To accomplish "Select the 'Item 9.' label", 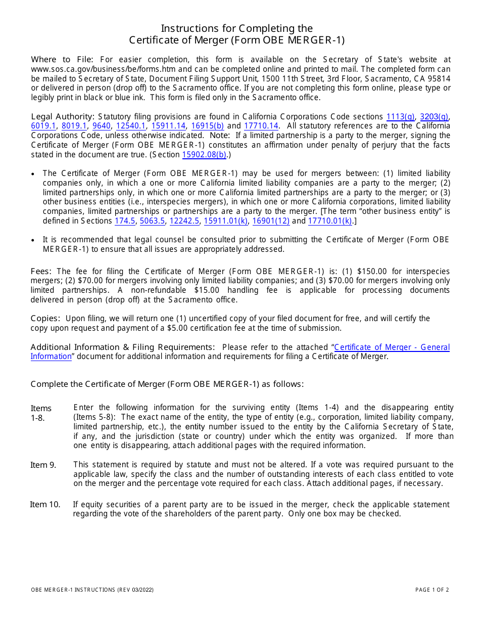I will click(43, 465).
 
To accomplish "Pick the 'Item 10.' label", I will click(45, 504).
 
